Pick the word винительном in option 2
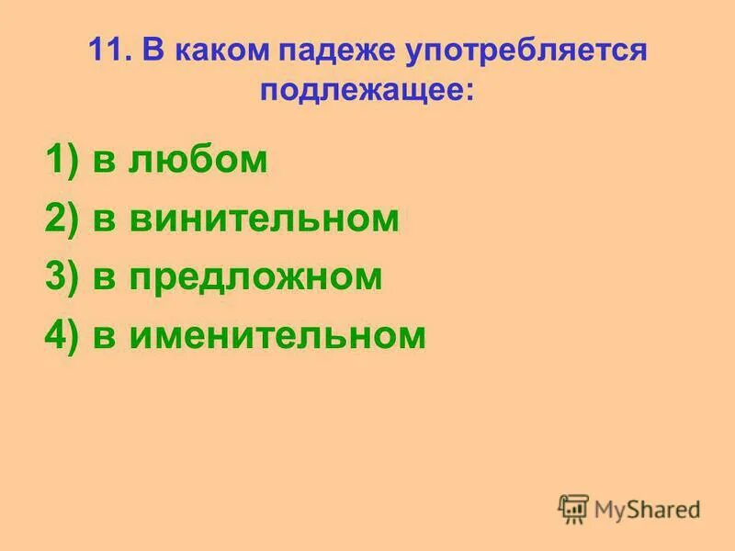tap(265, 219)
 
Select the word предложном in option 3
tap(255, 278)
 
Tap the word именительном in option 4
tap(278, 336)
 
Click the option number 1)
tap(61, 162)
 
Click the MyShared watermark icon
tap(573, 508)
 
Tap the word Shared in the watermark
tap(664, 509)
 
